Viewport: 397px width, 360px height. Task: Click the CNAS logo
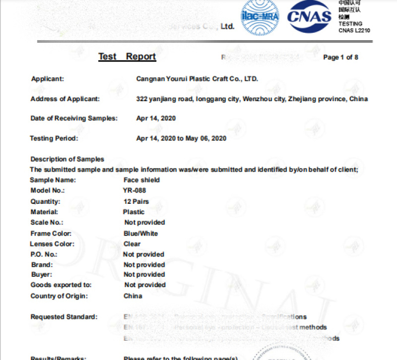309,16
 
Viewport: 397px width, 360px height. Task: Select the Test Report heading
127,56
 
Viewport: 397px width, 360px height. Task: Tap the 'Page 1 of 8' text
340,58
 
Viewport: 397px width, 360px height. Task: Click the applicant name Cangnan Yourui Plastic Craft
197,79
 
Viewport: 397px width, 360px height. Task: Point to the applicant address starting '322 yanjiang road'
252,99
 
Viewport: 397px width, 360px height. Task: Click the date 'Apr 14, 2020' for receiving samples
156,119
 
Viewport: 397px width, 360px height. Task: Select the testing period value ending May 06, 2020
181,138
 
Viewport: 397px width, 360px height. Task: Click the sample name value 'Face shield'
141,180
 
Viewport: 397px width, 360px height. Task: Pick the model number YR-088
134,190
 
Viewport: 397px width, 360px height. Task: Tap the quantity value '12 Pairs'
136,201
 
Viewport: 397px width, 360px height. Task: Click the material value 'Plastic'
134,212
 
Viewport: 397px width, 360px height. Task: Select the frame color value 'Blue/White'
140,233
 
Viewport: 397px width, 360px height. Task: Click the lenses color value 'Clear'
132,244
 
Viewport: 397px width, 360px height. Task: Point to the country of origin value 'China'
132,296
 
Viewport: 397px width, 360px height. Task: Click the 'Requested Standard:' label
64,317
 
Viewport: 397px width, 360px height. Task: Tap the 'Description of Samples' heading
67,159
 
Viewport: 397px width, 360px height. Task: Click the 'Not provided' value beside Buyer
144,275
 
